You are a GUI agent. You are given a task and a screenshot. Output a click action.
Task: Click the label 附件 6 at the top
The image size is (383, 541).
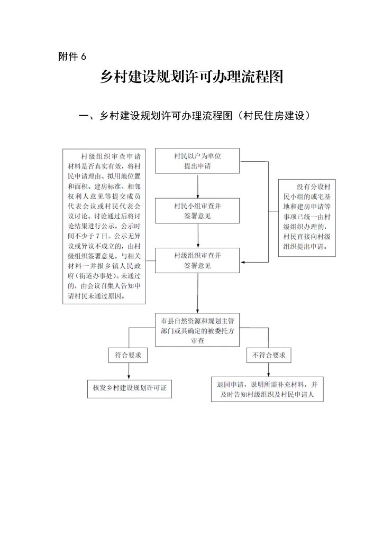coord(72,56)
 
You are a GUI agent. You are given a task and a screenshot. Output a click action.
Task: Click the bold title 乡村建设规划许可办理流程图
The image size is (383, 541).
coord(191,77)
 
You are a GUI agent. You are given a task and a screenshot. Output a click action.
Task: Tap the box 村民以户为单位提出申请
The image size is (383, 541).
coord(197,161)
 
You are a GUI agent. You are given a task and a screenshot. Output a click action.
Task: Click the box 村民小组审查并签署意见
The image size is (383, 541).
coord(197,210)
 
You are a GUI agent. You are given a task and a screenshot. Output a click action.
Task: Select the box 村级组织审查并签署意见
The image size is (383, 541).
coord(197,260)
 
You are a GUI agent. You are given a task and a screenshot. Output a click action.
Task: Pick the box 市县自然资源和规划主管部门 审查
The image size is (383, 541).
coord(197,330)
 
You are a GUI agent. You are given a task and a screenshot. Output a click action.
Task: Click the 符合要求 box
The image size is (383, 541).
coord(128,355)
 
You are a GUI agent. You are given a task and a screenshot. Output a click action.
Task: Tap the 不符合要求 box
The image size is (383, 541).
coord(269,355)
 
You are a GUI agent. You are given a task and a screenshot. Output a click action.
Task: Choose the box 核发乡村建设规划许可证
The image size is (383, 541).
coord(130,388)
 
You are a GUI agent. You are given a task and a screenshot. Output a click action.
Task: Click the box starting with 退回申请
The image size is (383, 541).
coord(267,389)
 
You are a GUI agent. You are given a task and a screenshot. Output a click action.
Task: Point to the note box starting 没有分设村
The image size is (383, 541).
coord(307,218)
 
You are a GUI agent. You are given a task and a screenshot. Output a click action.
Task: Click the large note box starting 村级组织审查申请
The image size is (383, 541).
coord(104,226)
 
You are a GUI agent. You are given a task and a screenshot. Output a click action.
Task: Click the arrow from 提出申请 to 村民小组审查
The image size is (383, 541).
coord(198,186)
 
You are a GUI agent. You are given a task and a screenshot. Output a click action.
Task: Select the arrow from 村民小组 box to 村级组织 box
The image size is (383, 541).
coord(198,236)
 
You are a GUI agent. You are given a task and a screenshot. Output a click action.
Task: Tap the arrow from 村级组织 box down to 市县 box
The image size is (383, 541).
coord(198,293)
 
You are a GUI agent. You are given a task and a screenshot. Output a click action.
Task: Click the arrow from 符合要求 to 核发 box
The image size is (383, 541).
coord(129,370)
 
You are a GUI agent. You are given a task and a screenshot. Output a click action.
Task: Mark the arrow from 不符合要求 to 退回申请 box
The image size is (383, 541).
coord(268,369)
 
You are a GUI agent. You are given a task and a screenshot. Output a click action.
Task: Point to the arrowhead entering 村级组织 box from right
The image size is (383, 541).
coord(242,263)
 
